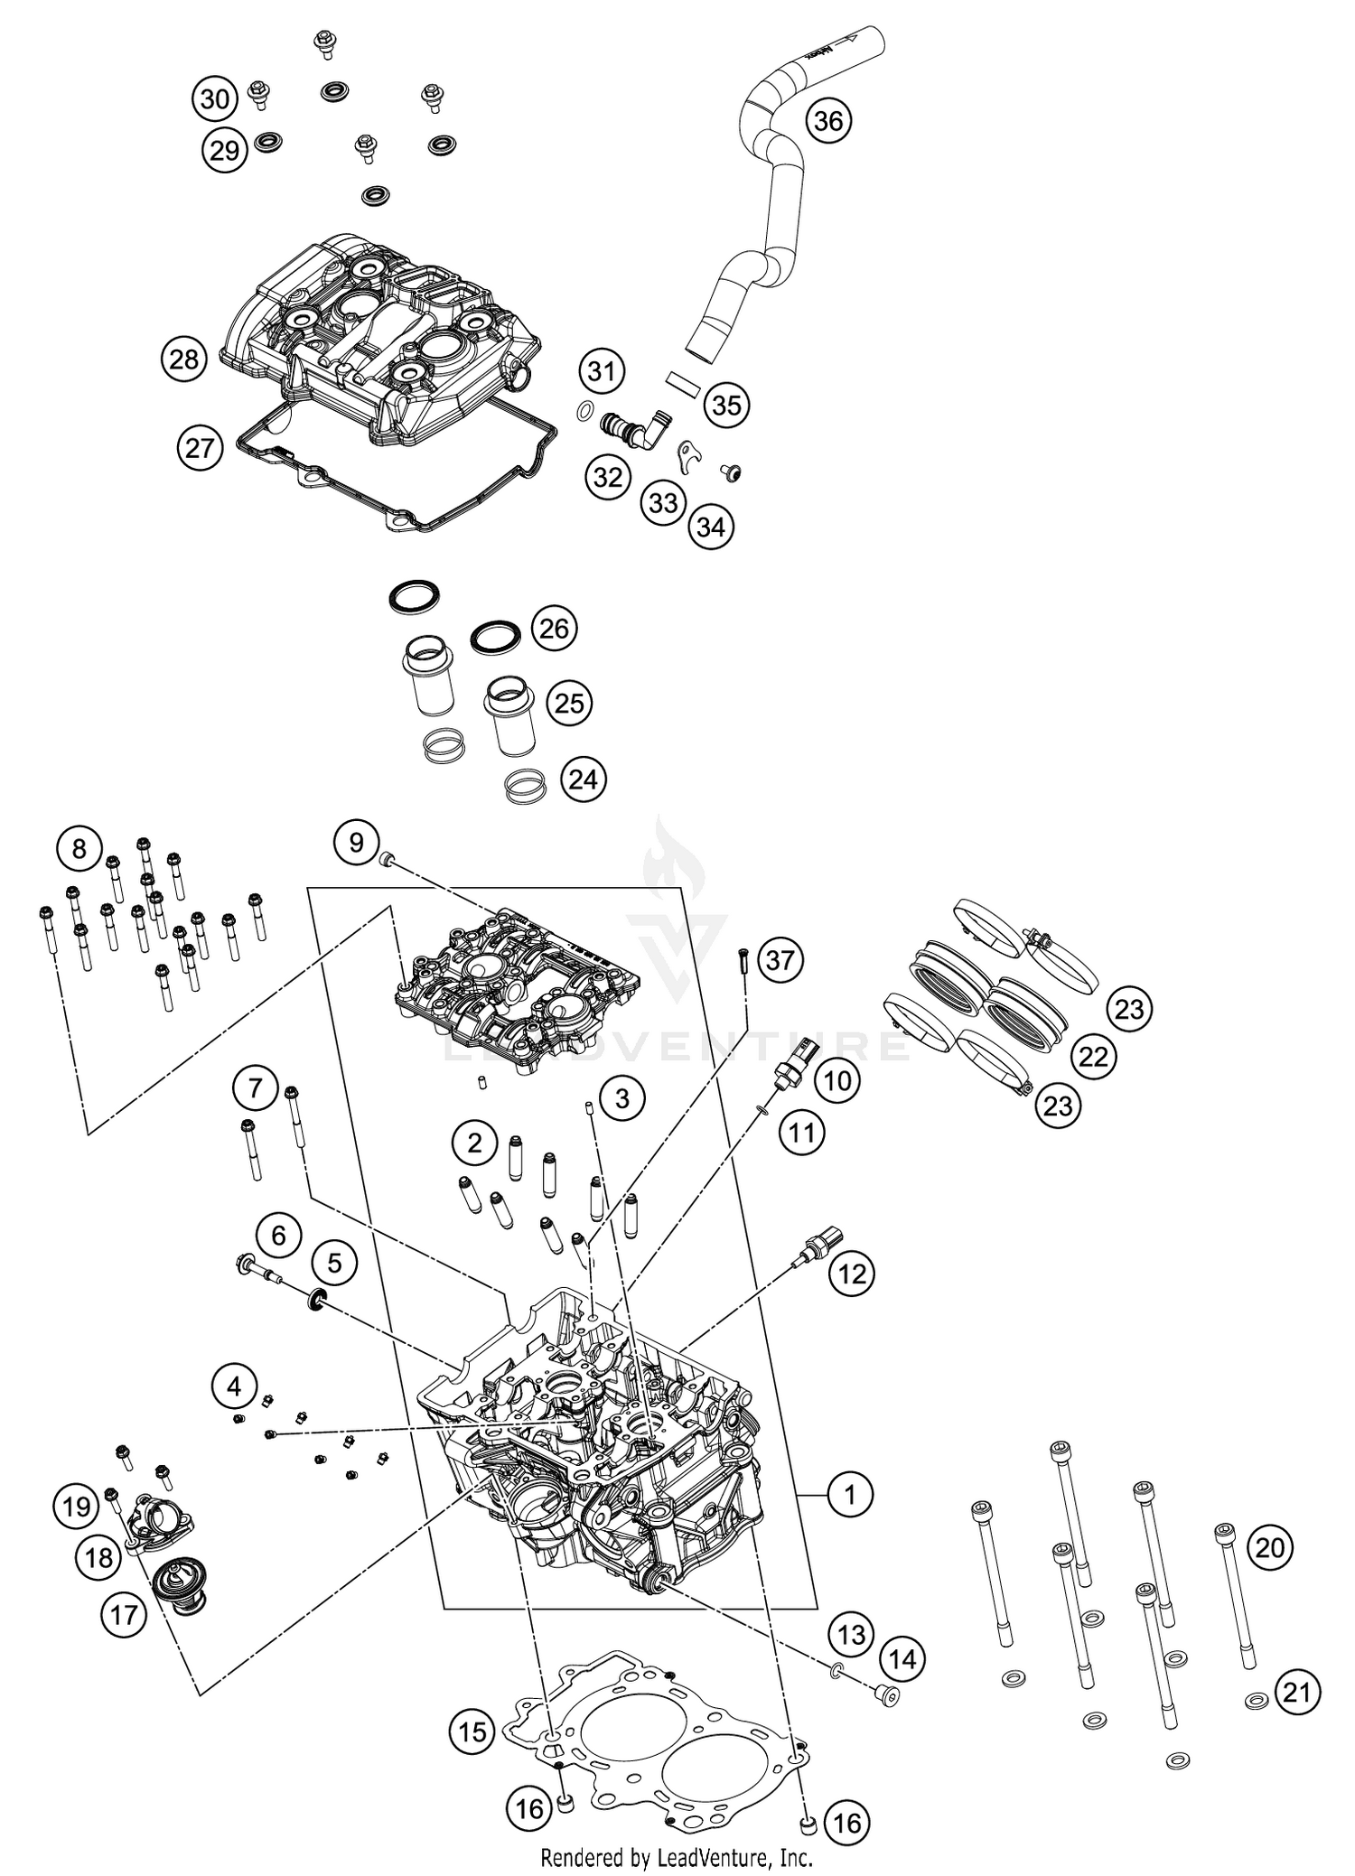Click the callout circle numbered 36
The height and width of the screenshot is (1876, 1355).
click(828, 120)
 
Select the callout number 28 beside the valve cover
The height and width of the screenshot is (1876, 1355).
click(184, 359)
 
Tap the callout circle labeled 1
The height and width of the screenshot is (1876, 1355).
click(848, 1495)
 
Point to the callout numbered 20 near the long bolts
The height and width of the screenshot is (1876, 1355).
click(1270, 1548)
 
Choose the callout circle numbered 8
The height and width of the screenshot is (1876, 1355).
click(79, 848)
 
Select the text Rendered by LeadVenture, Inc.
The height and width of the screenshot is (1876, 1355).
click(677, 1858)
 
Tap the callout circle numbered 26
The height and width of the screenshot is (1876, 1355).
click(554, 628)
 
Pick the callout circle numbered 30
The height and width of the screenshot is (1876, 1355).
click(215, 98)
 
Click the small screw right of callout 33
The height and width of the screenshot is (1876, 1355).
click(728, 471)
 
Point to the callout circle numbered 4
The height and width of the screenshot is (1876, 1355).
click(235, 1386)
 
